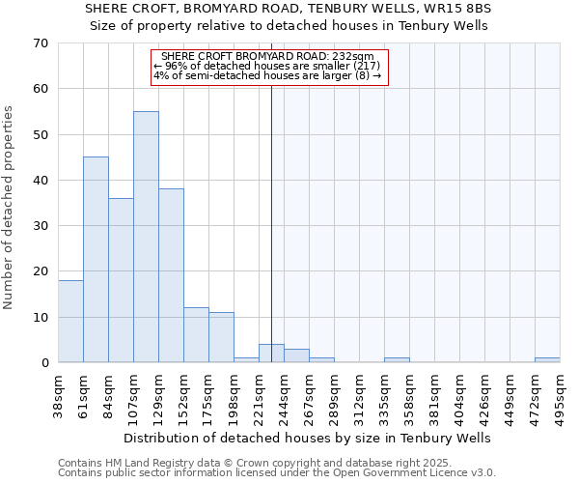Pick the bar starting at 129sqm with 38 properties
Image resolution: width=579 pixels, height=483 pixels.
point(171,275)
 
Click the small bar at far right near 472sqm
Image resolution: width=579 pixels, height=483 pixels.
point(547,360)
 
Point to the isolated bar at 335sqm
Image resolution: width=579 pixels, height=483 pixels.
point(397,360)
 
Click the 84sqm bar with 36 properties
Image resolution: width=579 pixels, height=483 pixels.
point(121,280)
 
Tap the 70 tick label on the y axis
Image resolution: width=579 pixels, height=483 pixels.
point(40,43)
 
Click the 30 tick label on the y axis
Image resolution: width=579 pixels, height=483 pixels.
point(40,226)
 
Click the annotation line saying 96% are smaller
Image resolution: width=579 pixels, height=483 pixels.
point(267,66)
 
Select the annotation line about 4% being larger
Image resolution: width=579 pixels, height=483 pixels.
point(267,75)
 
